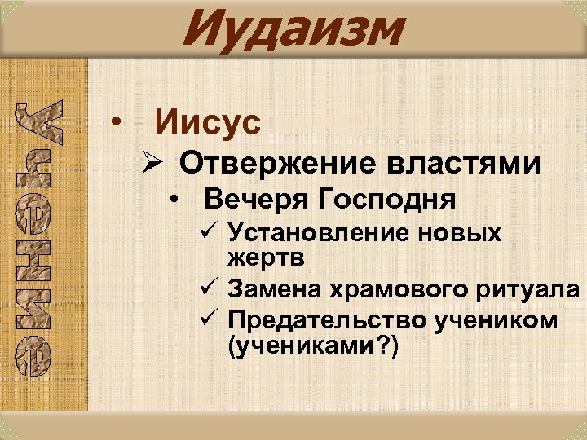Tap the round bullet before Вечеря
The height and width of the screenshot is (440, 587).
tap(174, 199)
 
